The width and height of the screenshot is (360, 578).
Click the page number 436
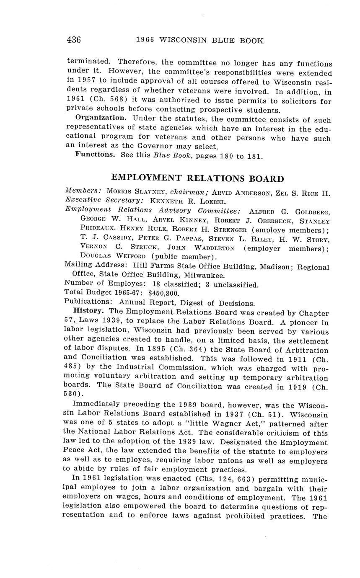click(x=73, y=40)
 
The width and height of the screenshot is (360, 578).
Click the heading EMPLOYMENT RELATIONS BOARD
click(x=197, y=178)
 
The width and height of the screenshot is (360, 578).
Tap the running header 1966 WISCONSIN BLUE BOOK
click(x=199, y=41)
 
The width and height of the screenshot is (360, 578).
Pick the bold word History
click(x=88, y=311)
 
